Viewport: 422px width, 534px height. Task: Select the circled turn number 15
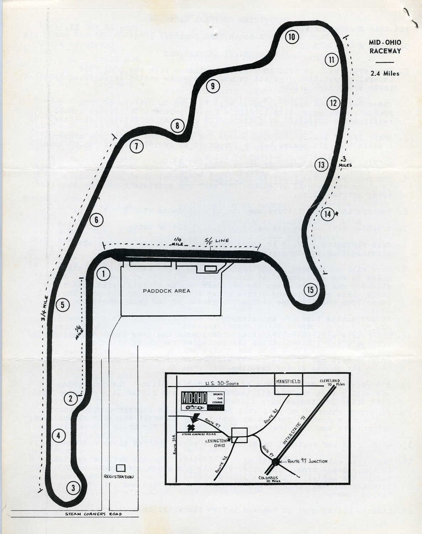(311, 290)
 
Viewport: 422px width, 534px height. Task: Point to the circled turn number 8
(177, 125)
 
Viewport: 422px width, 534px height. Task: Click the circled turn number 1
(103, 274)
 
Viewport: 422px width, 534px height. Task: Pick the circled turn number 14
(328, 214)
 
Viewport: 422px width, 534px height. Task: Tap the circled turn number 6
(96, 220)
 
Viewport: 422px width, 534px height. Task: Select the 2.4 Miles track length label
(385, 74)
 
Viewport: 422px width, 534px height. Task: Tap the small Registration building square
(120, 467)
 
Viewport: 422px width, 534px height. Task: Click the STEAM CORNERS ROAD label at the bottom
(93, 514)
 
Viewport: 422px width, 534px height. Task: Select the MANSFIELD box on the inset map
(288, 382)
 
